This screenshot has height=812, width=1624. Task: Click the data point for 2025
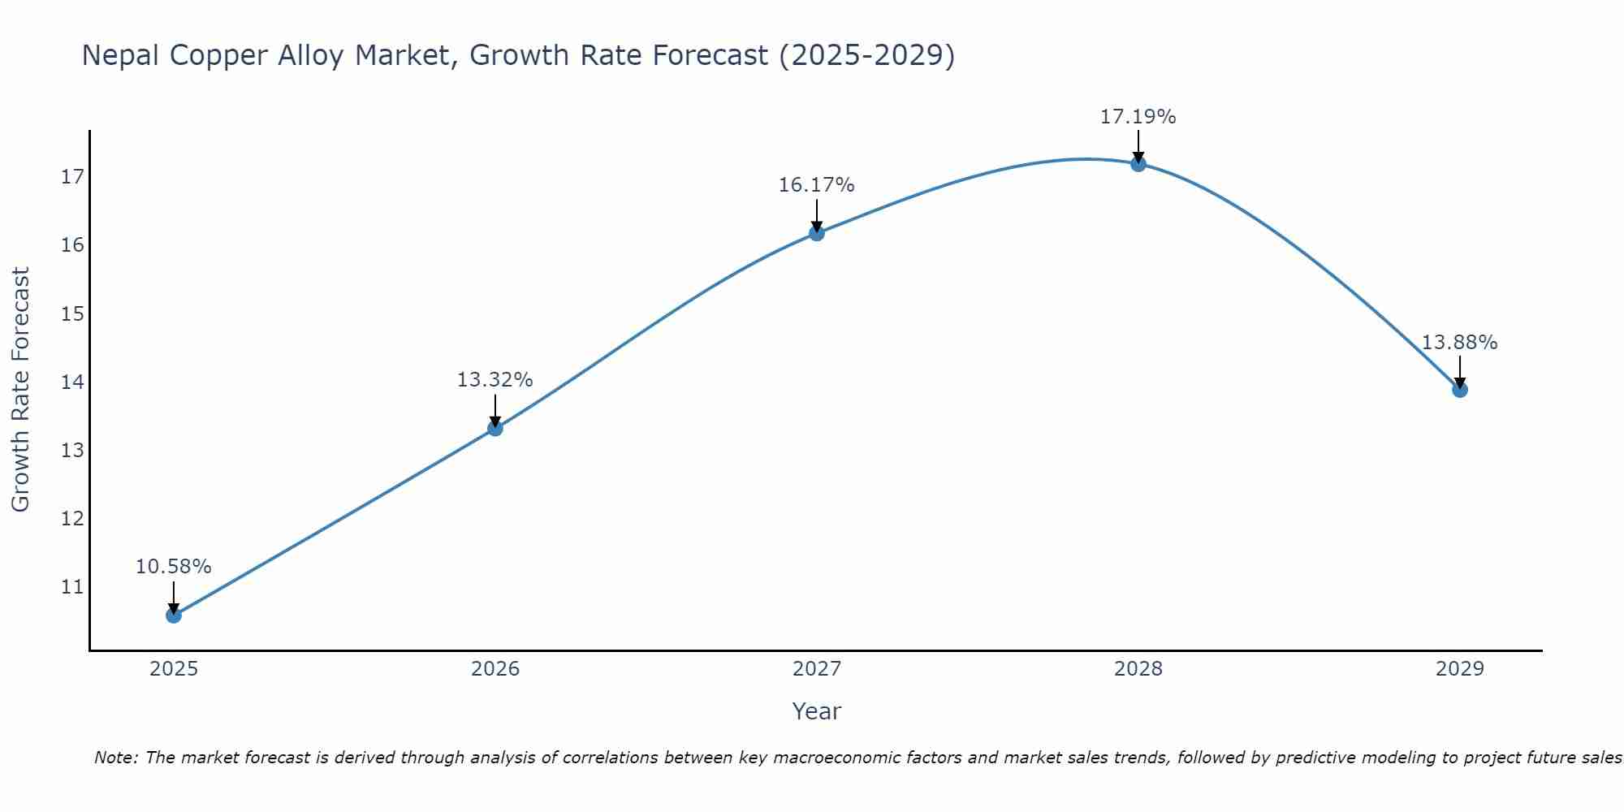[174, 615]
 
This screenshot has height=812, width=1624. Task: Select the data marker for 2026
[495, 428]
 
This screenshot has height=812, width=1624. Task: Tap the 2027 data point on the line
[817, 233]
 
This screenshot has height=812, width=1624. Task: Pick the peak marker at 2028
[1138, 164]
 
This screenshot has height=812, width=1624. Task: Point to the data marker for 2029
[1460, 390]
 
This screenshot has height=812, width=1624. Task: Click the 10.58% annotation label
[173, 567]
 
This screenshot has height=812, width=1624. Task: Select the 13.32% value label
[495, 380]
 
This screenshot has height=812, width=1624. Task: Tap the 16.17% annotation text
[816, 185]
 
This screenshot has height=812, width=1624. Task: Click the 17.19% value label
[1138, 117]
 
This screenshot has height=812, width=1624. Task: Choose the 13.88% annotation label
[1459, 343]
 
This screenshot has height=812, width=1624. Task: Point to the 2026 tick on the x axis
[495, 669]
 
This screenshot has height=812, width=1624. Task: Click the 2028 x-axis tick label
[1138, 669]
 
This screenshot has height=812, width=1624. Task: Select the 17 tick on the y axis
[73, 177]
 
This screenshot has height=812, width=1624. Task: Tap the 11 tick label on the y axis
[73, 586]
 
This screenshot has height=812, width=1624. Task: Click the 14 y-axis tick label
[73, 382]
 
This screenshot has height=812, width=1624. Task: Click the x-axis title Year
[816, 711]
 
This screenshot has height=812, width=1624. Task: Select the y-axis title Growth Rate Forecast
[21, 390]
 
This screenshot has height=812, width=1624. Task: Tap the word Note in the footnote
[116, 758]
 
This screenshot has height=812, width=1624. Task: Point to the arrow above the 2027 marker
[817, 214]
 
